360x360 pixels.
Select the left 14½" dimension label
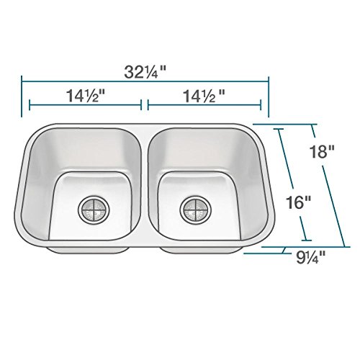coord(86,96)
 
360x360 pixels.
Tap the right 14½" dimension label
coord(204,96)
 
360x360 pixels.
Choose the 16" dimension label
coord(298,202)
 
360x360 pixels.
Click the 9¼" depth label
coord(310,258)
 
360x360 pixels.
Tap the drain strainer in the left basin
coord(94,209)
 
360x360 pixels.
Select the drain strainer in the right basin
coord(196,209)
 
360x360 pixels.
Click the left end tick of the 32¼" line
coord(22,96)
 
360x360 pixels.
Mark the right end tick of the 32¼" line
coord(269,97)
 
